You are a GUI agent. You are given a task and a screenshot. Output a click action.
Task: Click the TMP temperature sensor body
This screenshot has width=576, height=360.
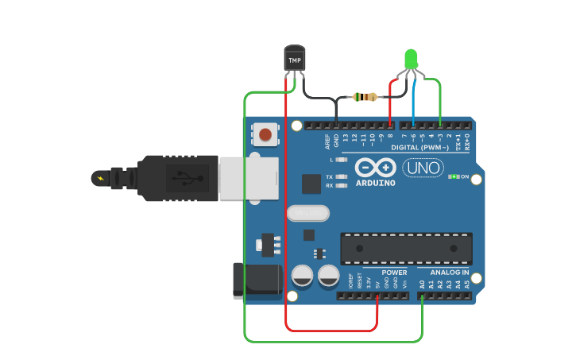[x=295, y=60]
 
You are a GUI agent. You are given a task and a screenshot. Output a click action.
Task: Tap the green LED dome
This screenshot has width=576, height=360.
[x=411, y=58]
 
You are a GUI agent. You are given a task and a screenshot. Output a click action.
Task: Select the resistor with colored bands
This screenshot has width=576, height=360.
[x=365, y=97]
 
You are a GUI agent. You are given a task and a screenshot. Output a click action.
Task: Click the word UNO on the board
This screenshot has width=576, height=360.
[x=423, y=168]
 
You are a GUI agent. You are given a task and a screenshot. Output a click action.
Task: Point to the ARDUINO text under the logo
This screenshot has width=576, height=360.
[x=375, y=183]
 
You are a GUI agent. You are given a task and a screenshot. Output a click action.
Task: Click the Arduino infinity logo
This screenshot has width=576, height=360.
[x=375, y=168]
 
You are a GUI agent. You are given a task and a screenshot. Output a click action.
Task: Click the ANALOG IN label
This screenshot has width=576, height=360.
[x=450, y=273]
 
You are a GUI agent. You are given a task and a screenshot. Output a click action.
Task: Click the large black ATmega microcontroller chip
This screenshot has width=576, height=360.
[x=406, y=248]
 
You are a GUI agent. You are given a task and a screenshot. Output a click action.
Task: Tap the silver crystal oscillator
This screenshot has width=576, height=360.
[x=307, y=213]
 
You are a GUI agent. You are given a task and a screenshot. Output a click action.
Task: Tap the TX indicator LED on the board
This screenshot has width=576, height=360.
[x=342, y=176]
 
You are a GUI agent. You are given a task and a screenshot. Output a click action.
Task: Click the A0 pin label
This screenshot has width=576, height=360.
[x=422, y=284]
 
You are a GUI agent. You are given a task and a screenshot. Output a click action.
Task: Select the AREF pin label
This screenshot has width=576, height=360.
[x=327, y=141]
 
